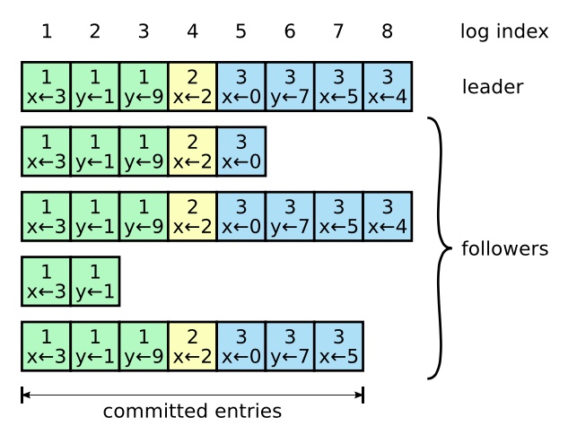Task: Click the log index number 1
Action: (46, 32)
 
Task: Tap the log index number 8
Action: (386, 32)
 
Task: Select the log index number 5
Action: (240, 32)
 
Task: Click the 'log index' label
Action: (503, 32)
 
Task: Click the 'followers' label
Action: (503, 248)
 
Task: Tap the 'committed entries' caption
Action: (192, 412)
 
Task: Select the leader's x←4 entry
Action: (387, 86)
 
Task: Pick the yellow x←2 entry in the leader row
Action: (192, 86)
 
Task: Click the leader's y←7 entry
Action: (290, 86)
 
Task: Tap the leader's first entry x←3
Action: (46, 86)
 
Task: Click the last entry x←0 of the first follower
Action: (240, 152)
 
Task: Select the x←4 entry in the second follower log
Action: (387, 216)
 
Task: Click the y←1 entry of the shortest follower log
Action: (94, 281)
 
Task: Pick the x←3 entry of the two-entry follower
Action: (46, 281)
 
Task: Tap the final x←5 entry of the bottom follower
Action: (338, 346)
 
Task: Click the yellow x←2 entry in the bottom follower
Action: (192, 346)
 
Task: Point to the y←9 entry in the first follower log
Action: (144, 152)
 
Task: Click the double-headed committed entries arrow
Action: (192, 394)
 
